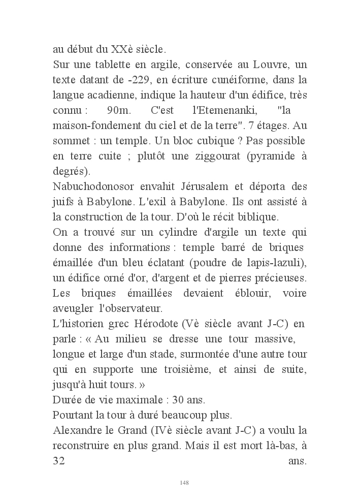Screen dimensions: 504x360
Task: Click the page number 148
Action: pos(184,482)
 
